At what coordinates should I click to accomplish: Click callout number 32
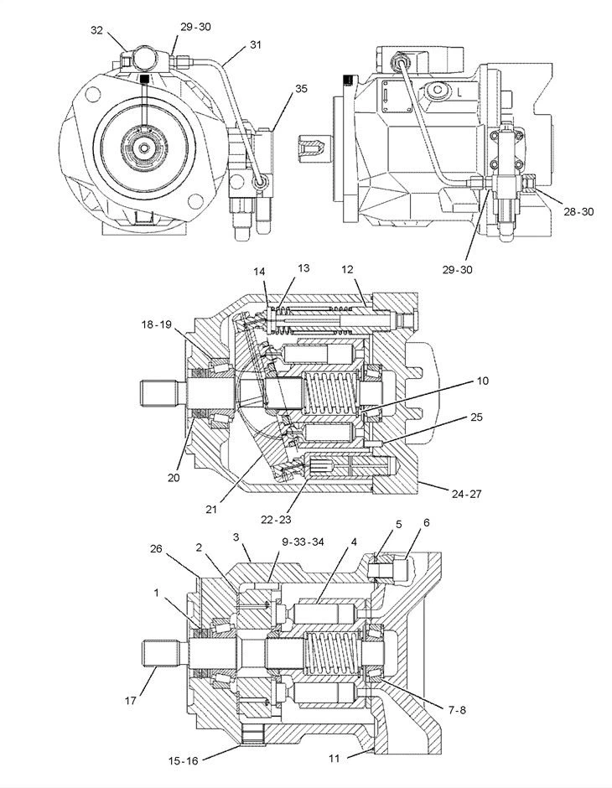[97, 31]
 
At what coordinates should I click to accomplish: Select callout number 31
[256, 44]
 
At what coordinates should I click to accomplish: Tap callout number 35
[301, 89]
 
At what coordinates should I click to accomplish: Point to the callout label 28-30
[578, 212]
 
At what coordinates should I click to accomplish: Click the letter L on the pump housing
[459, 93]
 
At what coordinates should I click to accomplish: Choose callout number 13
[303, 268]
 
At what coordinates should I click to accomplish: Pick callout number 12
[348, 270]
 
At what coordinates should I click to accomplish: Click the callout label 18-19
[156, 324]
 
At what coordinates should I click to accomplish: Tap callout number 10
[482, 381]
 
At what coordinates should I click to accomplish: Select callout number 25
[476, 417]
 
